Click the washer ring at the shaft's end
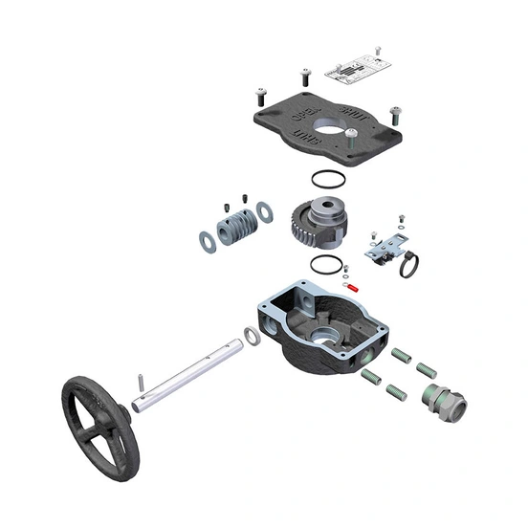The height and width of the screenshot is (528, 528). click(253, 337)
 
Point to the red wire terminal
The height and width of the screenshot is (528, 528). click(351, 286)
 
